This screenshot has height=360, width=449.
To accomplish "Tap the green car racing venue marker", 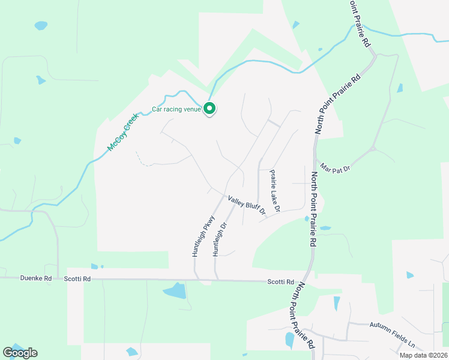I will [209, 109].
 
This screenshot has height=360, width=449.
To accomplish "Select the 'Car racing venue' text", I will [176, 109].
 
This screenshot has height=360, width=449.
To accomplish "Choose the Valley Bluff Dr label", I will [246, 205].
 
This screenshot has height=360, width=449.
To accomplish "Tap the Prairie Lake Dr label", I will [275, 191].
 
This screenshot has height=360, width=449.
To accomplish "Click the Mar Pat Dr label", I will [335, 167].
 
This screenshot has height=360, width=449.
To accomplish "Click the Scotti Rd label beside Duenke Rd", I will [77, 279].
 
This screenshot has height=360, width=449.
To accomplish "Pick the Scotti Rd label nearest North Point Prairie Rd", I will [282, 282].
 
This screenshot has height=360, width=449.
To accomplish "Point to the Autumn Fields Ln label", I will [393, 343].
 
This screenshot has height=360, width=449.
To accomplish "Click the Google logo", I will [20, 353].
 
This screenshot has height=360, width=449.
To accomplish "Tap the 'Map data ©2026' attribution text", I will [423, 355].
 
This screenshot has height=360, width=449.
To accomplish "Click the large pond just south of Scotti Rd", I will [175, 292].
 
